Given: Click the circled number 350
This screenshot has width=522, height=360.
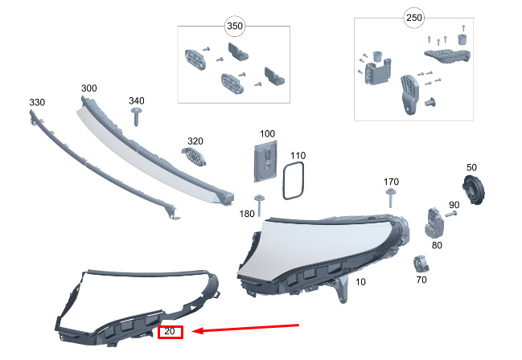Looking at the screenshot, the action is point(235,26).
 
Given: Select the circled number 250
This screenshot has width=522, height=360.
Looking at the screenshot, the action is point(413,18).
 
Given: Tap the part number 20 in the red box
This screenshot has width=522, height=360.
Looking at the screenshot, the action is point(170,331).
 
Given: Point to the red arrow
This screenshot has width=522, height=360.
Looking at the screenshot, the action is point(245,328).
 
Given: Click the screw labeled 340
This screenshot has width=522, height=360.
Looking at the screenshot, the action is point(136,117).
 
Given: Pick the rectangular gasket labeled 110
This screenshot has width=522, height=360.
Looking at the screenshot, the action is point(294,180).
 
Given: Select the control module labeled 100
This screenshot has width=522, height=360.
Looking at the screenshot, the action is point(265,162).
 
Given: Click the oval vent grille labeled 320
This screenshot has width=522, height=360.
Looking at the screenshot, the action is point(194,156).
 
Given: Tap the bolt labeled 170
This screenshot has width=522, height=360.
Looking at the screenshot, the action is point(391,198).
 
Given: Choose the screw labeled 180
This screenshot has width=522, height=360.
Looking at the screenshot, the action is point(259,204).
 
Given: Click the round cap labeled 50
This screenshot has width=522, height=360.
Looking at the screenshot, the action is point(474,190).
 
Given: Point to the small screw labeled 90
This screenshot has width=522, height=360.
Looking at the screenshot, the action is point(450,214).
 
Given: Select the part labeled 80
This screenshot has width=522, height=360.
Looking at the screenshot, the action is point(434,223).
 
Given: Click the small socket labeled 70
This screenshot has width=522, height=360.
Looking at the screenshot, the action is point(421,264).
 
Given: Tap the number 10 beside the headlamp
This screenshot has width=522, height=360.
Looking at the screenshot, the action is point(360,282).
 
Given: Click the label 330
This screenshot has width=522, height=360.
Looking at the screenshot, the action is point(37,103).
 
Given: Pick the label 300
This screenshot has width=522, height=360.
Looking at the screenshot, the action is point(89,88).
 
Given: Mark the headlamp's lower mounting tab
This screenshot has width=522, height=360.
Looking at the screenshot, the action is point(342,288).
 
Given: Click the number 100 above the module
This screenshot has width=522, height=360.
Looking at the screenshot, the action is point(267,133).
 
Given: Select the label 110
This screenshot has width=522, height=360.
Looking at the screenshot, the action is point(298,156).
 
